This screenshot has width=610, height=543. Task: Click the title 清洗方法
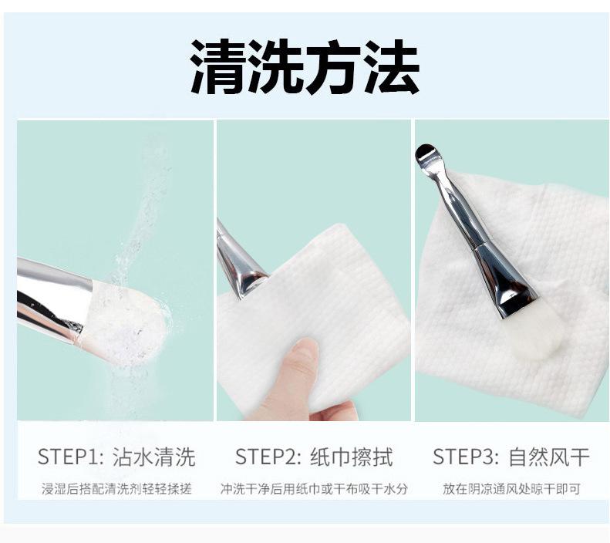[x=305, y=66]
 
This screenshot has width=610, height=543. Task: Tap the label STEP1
[x=70, y=457]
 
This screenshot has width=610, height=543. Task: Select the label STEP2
[x=268, y=457]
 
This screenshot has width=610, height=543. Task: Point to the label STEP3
[x=466, y=457]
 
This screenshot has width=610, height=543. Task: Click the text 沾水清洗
[x=154, y=457]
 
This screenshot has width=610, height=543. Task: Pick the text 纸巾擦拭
[x=352, y=457]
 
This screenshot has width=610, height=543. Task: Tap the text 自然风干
[x=549, y=457]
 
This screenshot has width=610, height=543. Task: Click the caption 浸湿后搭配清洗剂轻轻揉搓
[x=116, y=489]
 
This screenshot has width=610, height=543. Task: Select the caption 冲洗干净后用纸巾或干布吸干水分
[x=314, y=489]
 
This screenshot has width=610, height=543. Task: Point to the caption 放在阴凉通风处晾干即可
[x=511, y=489]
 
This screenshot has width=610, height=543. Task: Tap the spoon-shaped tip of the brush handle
[x=426, y=153]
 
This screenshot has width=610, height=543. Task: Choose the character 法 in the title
[x=392, y=66]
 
